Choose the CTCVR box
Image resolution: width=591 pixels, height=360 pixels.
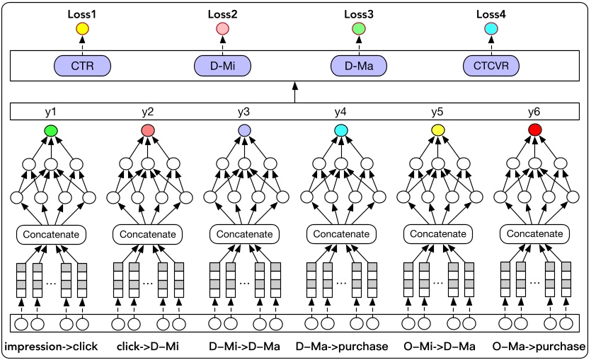[490, 66]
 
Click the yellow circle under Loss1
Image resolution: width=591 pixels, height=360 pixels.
[82, 29]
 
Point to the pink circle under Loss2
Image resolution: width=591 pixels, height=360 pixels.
[222, 29]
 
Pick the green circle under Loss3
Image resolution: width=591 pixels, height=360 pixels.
[359, 29]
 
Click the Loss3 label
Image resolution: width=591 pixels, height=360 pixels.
[359, 14]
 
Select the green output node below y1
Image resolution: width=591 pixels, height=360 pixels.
[50, 131]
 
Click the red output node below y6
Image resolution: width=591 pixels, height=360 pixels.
[534, 131]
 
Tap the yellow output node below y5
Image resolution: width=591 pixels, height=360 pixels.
[438, 131]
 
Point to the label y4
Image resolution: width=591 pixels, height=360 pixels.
[341, 112]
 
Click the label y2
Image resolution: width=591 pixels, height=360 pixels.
[147, 112]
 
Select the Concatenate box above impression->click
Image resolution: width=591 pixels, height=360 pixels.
[50, 233]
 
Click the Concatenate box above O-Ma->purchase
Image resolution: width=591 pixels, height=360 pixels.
[534, 233]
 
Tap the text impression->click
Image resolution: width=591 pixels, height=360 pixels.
[50, 347]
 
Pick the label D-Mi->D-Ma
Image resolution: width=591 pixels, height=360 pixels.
[245, 347]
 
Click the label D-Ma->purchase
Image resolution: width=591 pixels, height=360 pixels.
[341, 347]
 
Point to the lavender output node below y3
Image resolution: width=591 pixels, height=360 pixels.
[244, 131]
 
